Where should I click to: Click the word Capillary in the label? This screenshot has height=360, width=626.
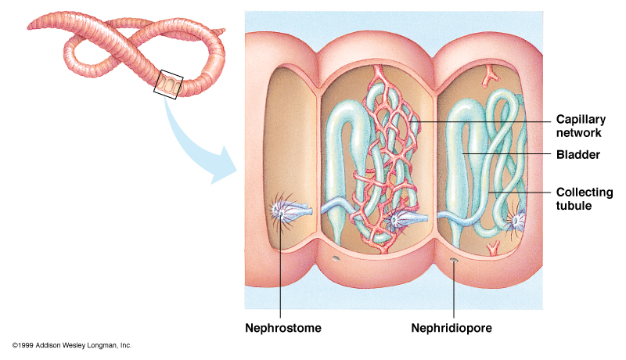tap(580, 120)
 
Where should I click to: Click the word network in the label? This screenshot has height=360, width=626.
tap(579, 133)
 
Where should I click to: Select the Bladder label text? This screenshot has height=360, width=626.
tap(578, 155)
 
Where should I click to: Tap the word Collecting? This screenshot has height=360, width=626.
tap(584, 193)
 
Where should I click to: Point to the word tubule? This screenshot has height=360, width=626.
tap(574, 206)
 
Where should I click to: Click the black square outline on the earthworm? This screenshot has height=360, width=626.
tap(170, 84)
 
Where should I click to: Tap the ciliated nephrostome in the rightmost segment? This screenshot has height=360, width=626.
tap(516, 221)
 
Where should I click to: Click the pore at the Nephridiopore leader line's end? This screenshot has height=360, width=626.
tap(454, 261)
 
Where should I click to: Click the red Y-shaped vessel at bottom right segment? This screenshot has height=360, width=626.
tap(493, 249)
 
